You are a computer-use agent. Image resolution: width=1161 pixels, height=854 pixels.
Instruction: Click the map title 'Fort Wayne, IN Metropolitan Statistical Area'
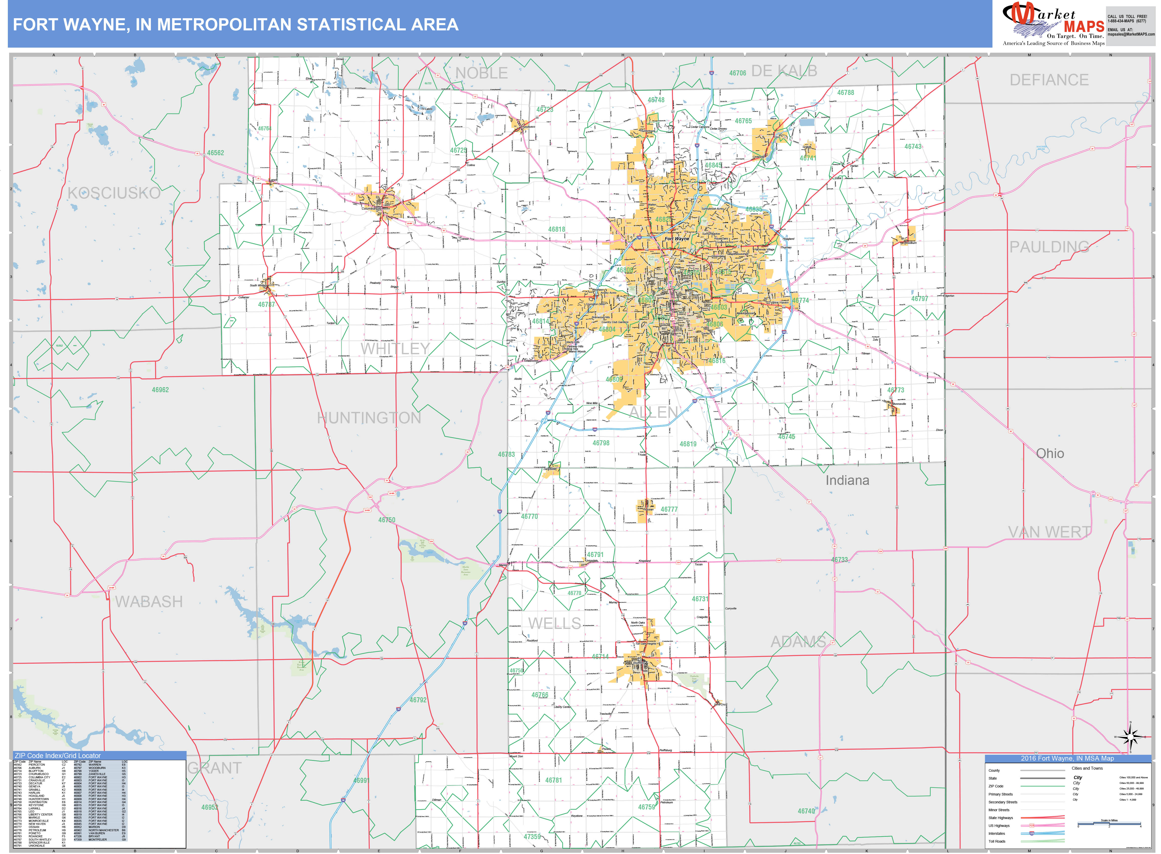(x=235, y=25)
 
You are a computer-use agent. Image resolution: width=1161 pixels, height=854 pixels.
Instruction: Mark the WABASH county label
(x=149, y=602)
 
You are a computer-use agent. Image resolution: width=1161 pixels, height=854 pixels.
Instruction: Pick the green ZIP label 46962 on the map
(x=160, y=390)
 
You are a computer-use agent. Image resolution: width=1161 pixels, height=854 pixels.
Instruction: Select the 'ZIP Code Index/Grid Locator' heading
(x=58, y=755)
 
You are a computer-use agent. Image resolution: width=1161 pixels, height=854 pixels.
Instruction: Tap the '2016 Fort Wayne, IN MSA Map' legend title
(x=1067, y=758)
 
